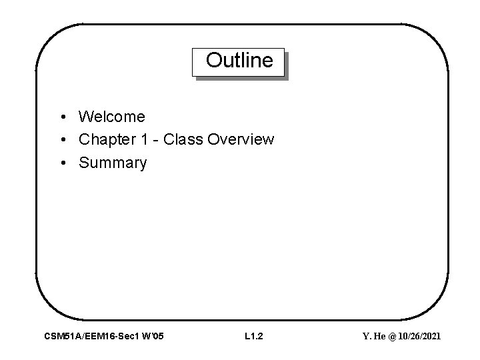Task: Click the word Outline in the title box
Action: coord(239,61)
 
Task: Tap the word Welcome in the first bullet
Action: coord(111,117)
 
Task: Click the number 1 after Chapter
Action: coord(136,140)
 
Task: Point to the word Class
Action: coord(183,140)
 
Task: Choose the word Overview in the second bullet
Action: coord(241,140)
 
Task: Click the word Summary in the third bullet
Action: coord(112,163)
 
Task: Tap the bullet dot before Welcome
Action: coord(61,118)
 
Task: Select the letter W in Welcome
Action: coord(85,117)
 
